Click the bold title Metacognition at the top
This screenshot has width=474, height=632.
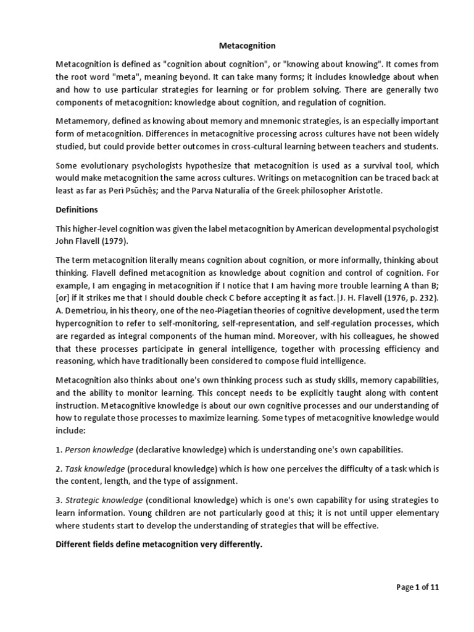point(247,46)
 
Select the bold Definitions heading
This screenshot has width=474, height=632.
point(78,210)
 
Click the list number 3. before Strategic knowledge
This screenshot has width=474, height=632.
point(59,501)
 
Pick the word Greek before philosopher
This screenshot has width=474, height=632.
point(279,191)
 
